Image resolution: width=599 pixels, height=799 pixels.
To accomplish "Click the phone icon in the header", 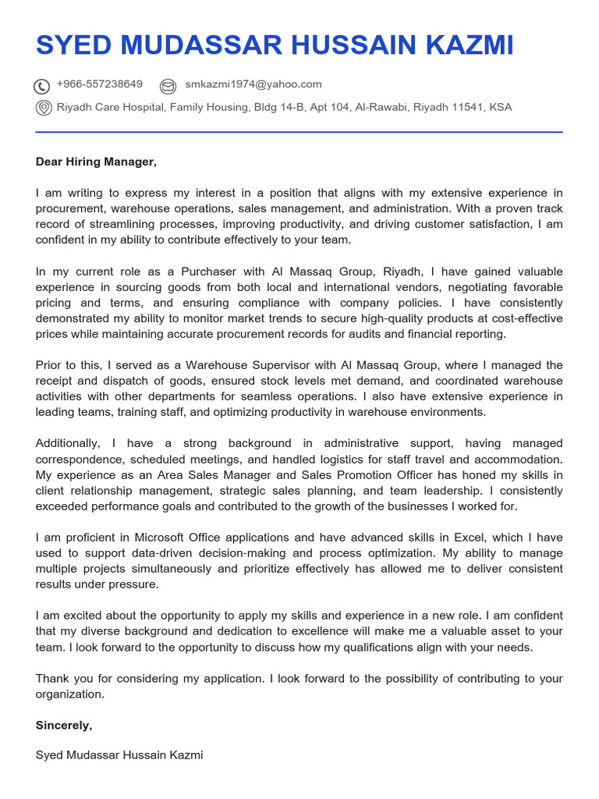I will pos(42,86).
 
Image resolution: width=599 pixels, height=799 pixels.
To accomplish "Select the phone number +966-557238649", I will pos(99,84).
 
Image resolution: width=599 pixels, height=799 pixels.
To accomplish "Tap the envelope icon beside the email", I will pos(168,86).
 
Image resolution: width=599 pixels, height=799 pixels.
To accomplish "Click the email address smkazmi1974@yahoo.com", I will pos(253,84).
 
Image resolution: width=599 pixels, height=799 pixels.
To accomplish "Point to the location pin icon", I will pos(44,108).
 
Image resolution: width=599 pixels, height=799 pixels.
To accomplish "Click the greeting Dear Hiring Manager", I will pos(96,162).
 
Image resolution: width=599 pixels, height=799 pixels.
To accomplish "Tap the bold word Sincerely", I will pos(63,725).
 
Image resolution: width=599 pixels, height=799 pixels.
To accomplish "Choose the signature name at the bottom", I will pos(119,755).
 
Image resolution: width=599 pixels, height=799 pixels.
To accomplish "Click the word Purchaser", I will pos(213,272).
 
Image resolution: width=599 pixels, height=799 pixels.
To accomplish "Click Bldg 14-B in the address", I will pos(273,107).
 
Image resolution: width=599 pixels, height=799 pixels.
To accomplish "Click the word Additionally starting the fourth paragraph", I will pos(68,443).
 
